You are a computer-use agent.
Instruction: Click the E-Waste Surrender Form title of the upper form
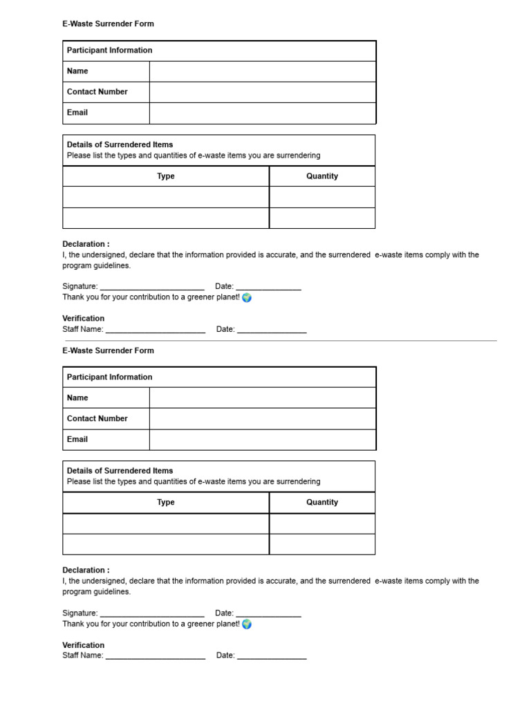point(108,24)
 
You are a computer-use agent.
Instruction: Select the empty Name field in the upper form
point(263,71)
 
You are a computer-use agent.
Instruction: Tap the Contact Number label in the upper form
point(97,92)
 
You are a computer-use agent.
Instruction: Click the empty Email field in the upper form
point(263,113)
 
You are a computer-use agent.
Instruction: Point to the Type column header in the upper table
point(166,176)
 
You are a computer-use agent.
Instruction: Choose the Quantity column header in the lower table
point(322,503)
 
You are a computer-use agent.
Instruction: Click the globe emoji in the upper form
point(247,297)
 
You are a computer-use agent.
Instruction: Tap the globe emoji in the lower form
point(247,624)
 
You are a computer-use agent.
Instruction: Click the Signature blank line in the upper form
point(152,287)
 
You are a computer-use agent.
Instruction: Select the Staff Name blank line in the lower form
point(156,656)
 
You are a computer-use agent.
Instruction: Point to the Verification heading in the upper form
point(84,319)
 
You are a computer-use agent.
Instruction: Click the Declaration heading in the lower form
point(86,570)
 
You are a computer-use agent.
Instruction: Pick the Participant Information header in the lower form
point(109,378)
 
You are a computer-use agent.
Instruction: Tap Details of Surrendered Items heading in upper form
point(120,145)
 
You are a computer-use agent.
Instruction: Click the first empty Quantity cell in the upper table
point(322,197)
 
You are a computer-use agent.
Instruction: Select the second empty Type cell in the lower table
point(166,544)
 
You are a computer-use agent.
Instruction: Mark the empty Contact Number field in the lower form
point(263,419)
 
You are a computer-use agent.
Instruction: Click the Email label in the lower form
point(77,440)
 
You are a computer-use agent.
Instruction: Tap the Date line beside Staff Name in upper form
point(272,330)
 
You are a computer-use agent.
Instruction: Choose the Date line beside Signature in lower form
point(269,614)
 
